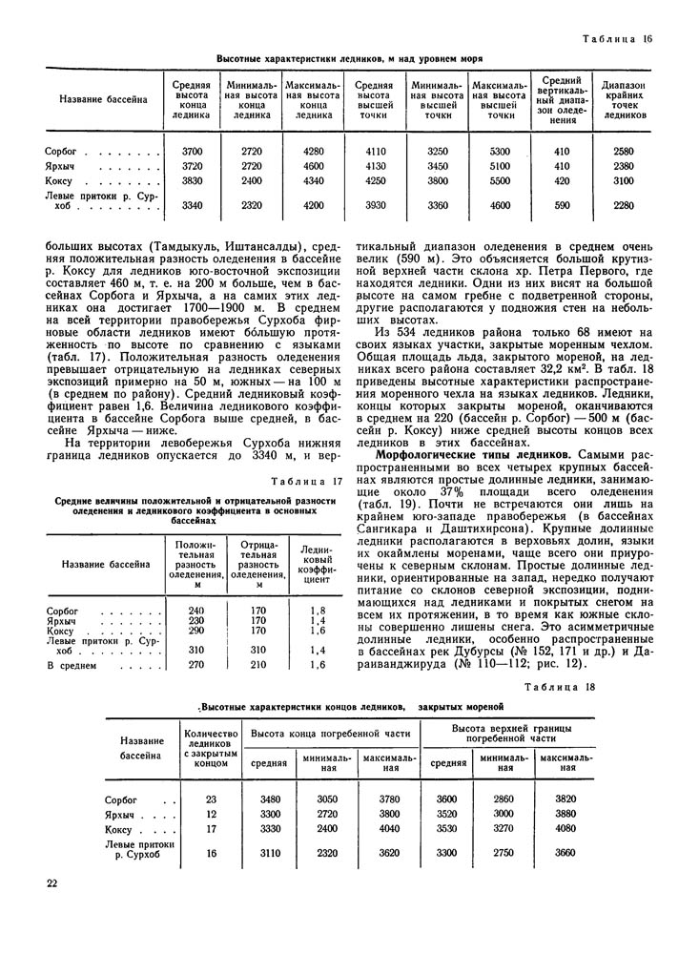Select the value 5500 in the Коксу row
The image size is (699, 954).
pos(500,181)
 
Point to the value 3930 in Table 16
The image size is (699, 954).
pos(374,204)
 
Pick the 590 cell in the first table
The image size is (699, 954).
pos(561,204)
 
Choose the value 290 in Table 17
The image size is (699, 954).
pos(196,631)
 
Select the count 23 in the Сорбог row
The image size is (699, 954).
pos(211,798)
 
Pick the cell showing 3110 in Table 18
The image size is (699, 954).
pos(269,852)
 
